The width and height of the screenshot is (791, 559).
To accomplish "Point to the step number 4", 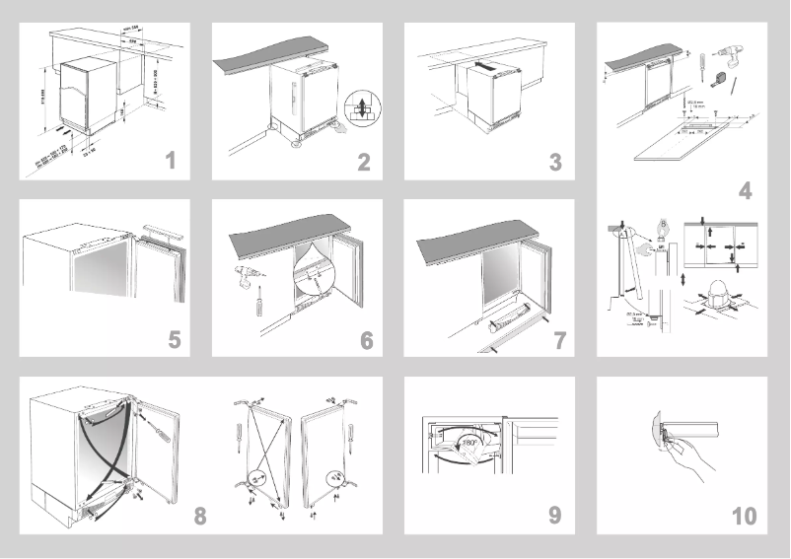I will (745, 191).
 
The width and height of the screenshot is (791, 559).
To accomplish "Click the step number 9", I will (555, 515).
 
